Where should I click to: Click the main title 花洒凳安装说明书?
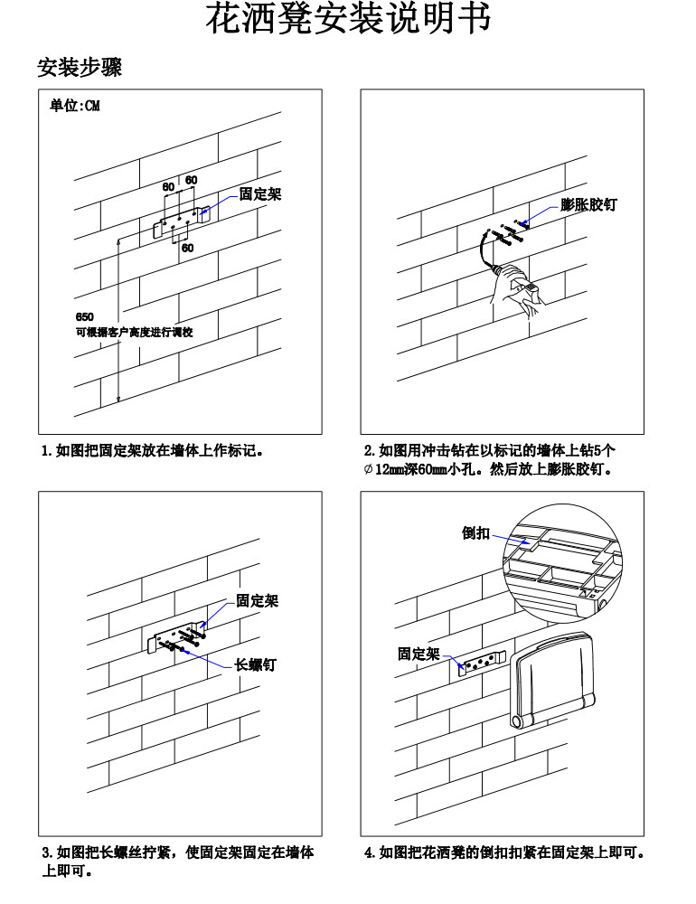pos(348,20)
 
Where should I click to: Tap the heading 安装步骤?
pos(80,67)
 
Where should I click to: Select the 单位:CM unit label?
pos(75,107)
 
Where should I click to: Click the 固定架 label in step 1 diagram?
pos(259,194)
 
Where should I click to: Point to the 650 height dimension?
pos(84,316)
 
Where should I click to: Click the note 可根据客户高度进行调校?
pos(134,332)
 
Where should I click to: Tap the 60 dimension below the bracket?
pos(187,248)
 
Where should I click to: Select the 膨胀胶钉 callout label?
pos(588,205)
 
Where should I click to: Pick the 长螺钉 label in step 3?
pos(255,665)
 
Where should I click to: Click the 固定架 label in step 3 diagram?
pos(257,600)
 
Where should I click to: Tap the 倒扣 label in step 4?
pos(476,533)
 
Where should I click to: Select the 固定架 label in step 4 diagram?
pos(419,654)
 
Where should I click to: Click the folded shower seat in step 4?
pos(552,679)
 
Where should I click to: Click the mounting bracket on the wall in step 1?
pos(181,220)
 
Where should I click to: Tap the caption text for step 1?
pos(152,449)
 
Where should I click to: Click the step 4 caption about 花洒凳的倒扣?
pos(503,852)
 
